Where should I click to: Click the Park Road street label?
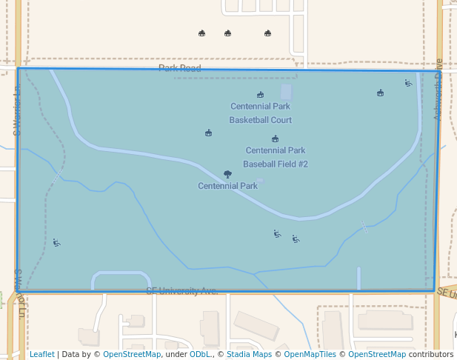click(179, 68)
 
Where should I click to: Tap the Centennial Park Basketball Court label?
click(260, 113)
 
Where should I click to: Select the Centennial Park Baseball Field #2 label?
click(276, 157)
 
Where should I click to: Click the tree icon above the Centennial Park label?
click(227, 175)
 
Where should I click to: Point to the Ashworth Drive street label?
click(438, 88)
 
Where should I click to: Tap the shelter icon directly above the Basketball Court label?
click(260, 95)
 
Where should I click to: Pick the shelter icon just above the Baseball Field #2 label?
click(276, 139)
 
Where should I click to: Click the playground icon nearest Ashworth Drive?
click(408, 83)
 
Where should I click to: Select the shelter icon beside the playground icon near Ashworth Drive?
click(380, 93)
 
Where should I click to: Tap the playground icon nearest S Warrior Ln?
click(56, 242)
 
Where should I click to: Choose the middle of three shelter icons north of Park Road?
click(227, 33)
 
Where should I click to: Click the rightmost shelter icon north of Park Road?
click(267, 33)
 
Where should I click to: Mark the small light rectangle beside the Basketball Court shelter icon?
click(286, 93)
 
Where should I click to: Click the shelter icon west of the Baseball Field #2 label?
click(209, 133)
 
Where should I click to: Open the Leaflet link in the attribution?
click(41, 354)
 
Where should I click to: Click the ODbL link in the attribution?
click(199, 354)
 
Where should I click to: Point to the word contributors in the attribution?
click(431, 354)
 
